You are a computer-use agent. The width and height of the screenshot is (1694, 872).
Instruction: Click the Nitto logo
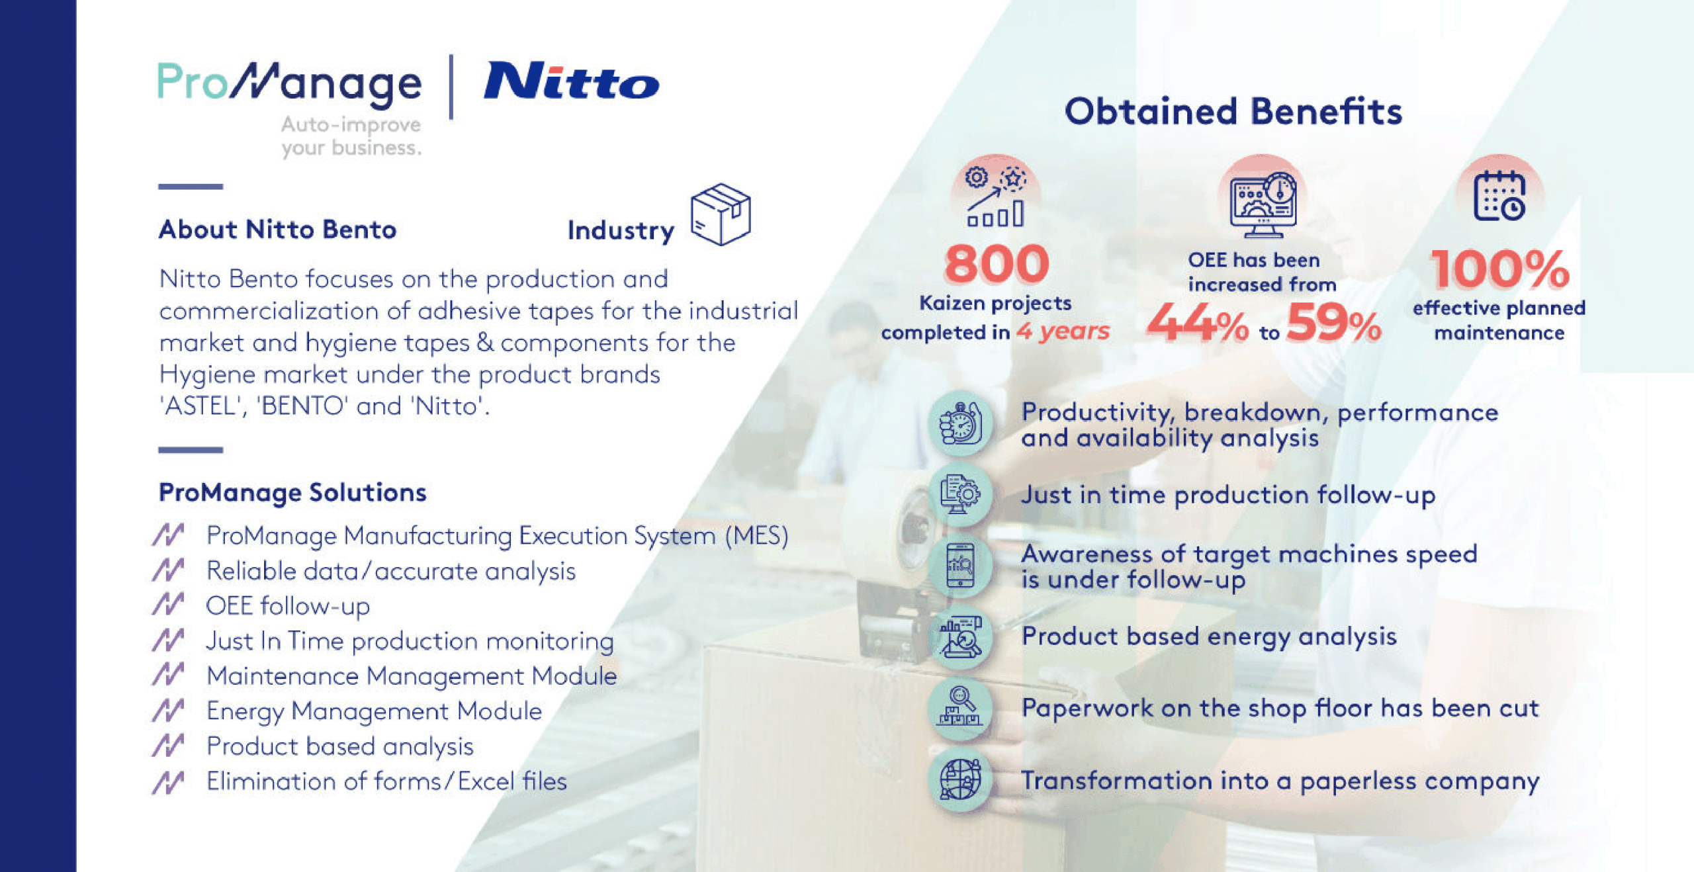click(x=572, y=82)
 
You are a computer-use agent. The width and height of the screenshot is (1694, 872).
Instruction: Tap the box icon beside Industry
click(x=720, y=214)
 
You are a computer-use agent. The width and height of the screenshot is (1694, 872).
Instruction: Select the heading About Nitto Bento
click(x=277, y=230)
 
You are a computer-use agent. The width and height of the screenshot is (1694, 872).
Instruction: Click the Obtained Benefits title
click(x=1233, y=111)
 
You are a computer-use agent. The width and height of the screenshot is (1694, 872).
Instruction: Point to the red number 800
click(x=997, y=264)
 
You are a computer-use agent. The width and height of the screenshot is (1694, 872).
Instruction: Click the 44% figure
click(x=1197, y=324)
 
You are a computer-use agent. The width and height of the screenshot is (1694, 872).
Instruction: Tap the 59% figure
click(x=1333, y=324)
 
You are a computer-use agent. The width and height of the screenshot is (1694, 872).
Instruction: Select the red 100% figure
click(x=1499, y=269)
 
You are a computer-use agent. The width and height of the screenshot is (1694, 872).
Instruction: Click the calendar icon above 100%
click(x=1499, y=196)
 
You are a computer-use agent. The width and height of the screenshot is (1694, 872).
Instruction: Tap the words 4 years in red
click(x=1063, y=331)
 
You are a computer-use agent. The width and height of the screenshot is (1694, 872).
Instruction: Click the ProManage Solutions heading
click(x=292, y=493)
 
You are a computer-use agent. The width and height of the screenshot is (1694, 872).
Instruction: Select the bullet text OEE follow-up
click(x=288, y=606)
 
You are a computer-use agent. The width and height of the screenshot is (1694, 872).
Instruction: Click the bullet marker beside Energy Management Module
click(x=168, y=711)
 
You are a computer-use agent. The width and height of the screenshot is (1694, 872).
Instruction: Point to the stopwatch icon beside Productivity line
click(x=960, y=424)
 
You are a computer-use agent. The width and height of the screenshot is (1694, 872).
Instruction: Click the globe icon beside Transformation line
click(x=960, y=779)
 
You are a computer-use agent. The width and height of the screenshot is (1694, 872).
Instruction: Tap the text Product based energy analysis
click(x=1209, y=636)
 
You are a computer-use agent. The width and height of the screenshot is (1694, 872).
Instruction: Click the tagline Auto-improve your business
click(x=351, y=136)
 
